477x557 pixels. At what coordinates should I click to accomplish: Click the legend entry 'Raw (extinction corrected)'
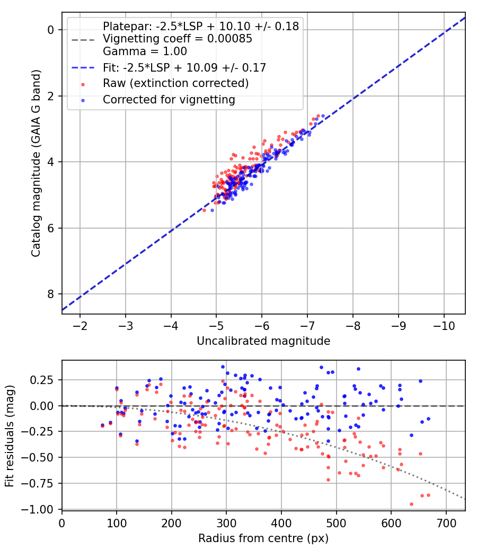click(x=175, y=83)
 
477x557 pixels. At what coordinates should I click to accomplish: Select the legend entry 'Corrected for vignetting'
click(x=169, y=99)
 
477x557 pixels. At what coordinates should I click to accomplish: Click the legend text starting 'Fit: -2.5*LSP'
click(x=184, y=67)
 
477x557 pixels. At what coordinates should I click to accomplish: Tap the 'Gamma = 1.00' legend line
click(x=145, y=51)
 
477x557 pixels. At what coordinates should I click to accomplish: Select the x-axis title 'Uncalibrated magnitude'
click(x=263, y=341)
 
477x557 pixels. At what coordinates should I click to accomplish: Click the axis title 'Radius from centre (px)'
click(x=263, y=538)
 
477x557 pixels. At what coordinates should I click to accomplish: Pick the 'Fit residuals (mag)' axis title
click(x=10, y=434)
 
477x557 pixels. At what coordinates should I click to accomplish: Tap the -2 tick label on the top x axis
click(x=80, y=325)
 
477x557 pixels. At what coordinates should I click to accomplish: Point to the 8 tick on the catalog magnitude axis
click(x=51, y=294)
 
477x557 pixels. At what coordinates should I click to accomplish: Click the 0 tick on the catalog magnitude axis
click(x=51, y=30)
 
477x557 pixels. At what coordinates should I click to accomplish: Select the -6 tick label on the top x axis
click(x=262, y=325)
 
